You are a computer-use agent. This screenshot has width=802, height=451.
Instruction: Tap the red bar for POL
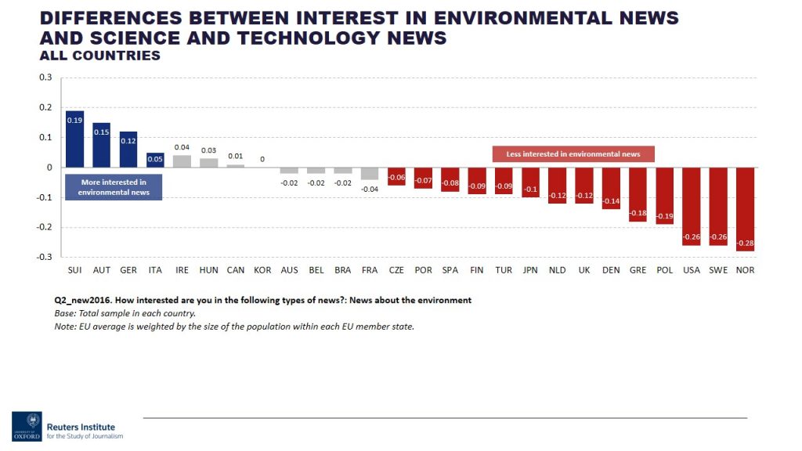pos(664,196)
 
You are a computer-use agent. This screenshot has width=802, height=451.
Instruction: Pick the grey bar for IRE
pos(182,161)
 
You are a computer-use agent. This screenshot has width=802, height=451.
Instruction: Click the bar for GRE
pos(638,194)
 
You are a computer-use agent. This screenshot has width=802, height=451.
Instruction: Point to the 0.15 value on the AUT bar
pos(101,132)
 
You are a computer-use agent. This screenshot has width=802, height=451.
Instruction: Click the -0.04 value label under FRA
pos(369,189)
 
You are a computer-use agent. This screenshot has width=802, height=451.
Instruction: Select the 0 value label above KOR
pos(262,159)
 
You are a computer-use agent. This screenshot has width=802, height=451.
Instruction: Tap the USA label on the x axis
pos(692,270)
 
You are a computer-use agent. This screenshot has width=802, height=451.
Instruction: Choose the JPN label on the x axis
pos(530,270)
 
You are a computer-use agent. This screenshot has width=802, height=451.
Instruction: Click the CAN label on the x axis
pos(235,270)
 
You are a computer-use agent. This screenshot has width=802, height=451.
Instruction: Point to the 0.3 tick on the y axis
pos(45,78)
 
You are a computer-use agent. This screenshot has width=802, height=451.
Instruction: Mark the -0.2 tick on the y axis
pos(43,227)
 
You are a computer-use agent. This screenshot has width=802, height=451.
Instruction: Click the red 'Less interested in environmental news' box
pos(573,154)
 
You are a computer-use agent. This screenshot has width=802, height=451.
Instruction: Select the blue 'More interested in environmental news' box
pos(114,187)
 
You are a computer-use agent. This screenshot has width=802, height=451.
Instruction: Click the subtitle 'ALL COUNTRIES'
pos(99,56)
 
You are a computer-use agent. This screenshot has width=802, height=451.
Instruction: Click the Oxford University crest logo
pos(26,425)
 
